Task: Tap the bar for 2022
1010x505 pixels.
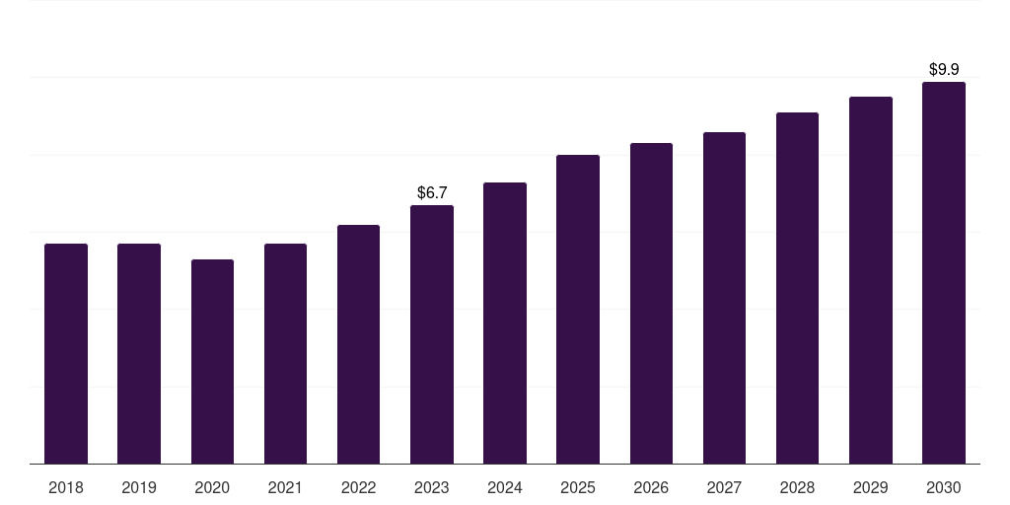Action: click(358, 344)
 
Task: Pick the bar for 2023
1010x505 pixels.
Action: click(432, 334)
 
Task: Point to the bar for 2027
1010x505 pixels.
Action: click(724, 298)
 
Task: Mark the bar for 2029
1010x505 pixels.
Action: click(871, 280)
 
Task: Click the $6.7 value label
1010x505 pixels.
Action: click(432, 192)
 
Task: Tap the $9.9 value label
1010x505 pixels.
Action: click(944, 69)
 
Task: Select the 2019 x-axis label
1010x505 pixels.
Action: click(139, 487)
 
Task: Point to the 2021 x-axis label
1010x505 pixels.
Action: click(285, 487)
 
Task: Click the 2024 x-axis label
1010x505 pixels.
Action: click(505, 487)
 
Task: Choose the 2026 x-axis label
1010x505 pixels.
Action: click(651, 487)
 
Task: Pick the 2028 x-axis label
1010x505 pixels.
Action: click(797, 487)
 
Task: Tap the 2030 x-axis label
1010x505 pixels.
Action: click(944, 487)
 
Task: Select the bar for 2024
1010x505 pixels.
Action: click(505, 323)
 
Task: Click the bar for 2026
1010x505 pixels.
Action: click(651, 303)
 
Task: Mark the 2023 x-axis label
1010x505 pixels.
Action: click(432, 487)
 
